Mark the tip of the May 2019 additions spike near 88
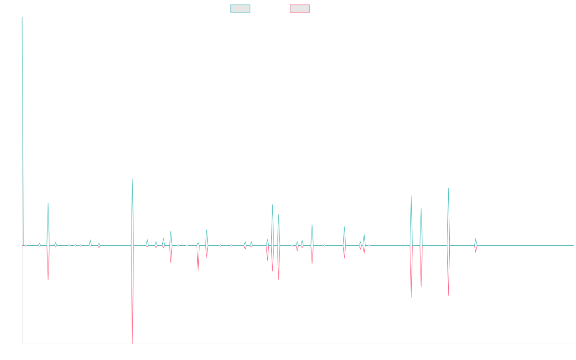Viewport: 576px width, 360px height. [x=132, y=179]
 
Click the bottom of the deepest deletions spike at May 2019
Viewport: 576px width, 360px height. [x=132, y=344]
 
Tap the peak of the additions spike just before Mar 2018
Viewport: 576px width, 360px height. [x=48, y=203]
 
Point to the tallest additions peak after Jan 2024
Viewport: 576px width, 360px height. [x=448, y=188]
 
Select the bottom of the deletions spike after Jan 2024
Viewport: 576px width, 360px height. [x=448, y=295]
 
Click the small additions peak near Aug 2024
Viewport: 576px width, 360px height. [x=476, y=238]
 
